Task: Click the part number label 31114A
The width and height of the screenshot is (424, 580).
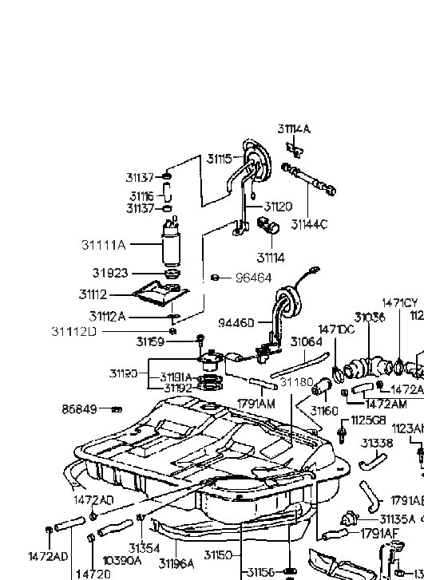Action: pos(294,128)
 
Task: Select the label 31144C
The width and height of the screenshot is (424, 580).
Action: pos(309,224)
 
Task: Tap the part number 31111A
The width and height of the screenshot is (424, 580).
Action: pos(103,245)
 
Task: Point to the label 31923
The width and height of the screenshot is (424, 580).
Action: pos(109,274)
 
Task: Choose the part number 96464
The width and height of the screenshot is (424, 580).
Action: pos(253,278)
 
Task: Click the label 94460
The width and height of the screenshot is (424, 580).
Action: pos(236,323)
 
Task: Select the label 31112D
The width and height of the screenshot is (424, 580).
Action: pos(73,331)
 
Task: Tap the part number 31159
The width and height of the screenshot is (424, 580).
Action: pos(149,341)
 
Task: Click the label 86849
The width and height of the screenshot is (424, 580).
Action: pos(79,409)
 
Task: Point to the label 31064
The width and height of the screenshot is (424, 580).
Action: pos(306,341)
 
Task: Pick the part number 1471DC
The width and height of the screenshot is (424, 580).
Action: pos(336,329)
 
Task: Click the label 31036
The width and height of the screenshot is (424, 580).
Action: pos(370,317)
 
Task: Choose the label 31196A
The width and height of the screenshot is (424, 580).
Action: pos(176,563)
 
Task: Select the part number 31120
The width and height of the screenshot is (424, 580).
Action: pos(278,206)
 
